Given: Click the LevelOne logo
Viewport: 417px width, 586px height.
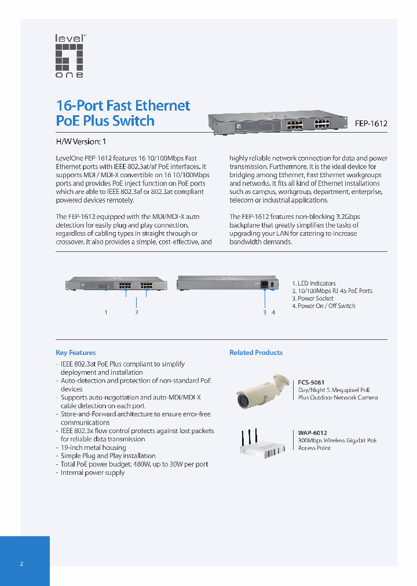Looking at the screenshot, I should [69, 56].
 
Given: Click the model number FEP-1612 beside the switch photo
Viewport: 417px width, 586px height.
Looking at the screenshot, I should [371, 123].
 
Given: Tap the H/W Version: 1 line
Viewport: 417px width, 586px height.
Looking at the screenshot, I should [81, 141].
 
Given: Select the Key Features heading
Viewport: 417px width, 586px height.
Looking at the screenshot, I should [75, 353].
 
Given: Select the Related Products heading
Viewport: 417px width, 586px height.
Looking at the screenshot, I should [256, 353].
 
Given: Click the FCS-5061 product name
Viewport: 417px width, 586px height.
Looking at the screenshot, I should [311, 382].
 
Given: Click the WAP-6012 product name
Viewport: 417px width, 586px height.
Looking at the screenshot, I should [312, 433].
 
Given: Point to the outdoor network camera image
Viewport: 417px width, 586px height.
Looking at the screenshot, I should [262, 391].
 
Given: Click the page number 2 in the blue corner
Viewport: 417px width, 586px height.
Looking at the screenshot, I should [21, 563].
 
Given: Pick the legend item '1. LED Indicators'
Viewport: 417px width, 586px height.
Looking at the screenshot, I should [313, 284].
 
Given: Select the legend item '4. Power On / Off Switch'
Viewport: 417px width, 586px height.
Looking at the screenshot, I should [323, 306].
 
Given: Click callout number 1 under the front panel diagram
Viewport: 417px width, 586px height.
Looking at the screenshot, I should [106, 313].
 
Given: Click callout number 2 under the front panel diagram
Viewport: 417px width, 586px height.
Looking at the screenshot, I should [136, 313].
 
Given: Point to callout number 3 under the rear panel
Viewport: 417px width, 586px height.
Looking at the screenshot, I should [265, 313].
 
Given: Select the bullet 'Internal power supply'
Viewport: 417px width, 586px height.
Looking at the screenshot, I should [92, 473].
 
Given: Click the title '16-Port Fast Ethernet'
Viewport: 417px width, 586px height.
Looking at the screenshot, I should [123, 105].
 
